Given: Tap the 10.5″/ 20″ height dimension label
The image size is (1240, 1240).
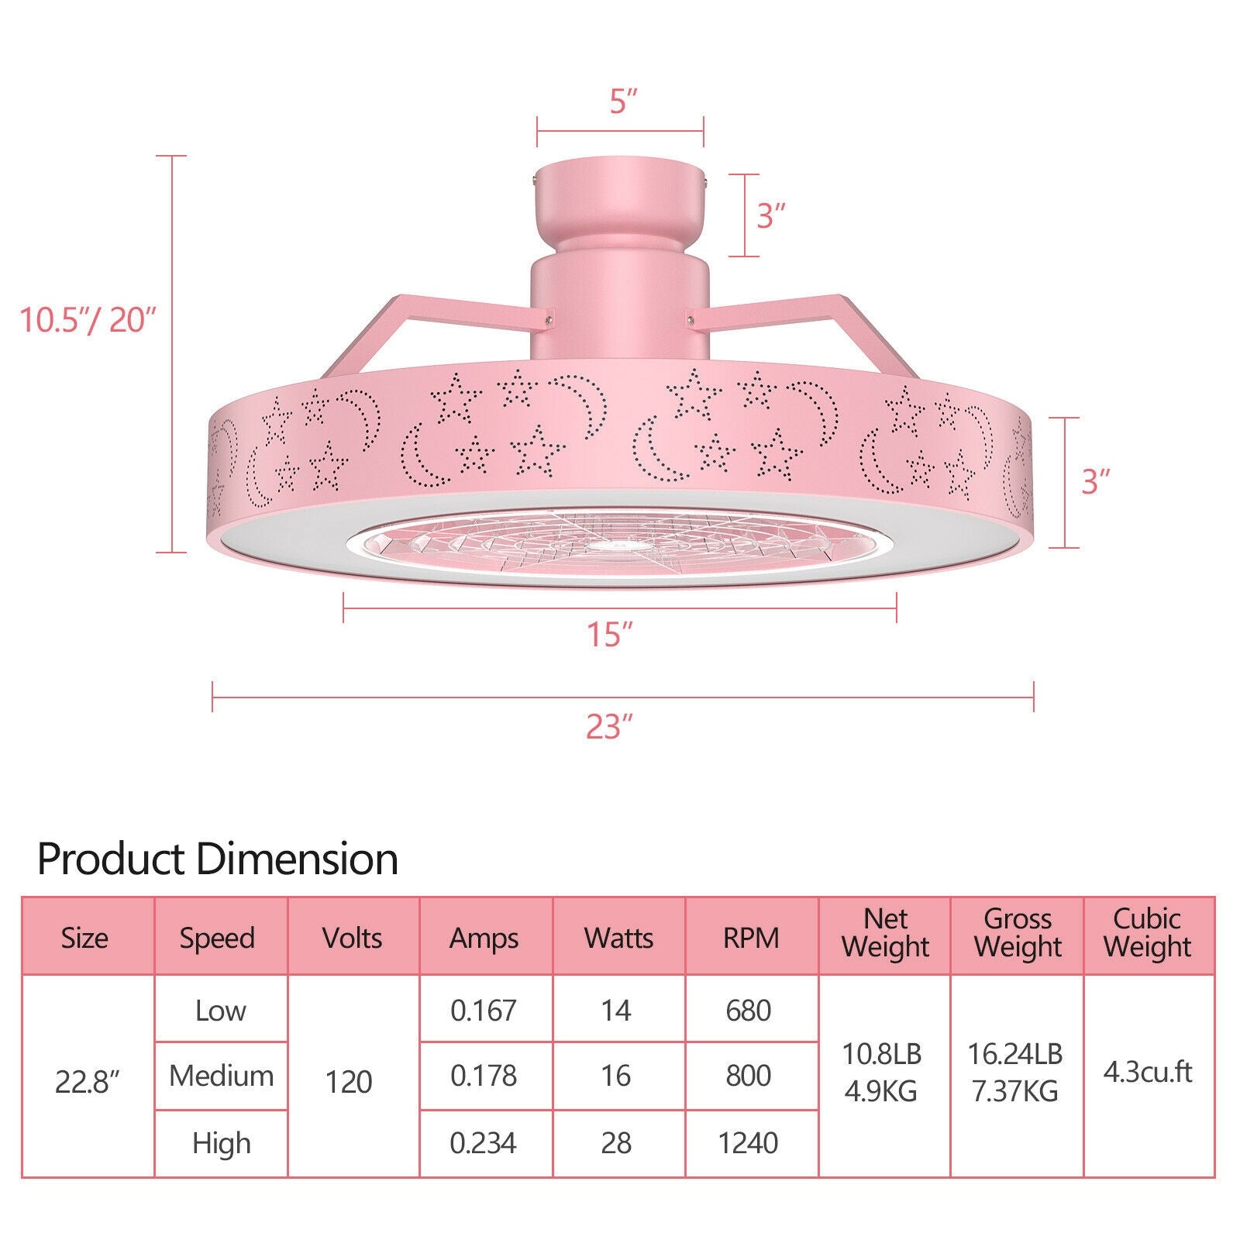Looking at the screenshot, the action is click(x=88, y=319).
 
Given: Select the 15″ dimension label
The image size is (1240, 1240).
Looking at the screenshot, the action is click(x=609, y=635).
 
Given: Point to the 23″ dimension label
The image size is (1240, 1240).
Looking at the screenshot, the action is click(x=609, y=727).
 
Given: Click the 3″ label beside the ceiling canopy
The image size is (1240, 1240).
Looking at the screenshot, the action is click(x=771, y=216).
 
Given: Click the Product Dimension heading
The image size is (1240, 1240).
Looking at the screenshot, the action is click(x=218, y=859).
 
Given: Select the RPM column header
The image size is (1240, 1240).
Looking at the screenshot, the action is click(x=751, y=938).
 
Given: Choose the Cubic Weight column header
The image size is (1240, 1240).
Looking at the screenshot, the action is click(x=1148, y=932).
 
